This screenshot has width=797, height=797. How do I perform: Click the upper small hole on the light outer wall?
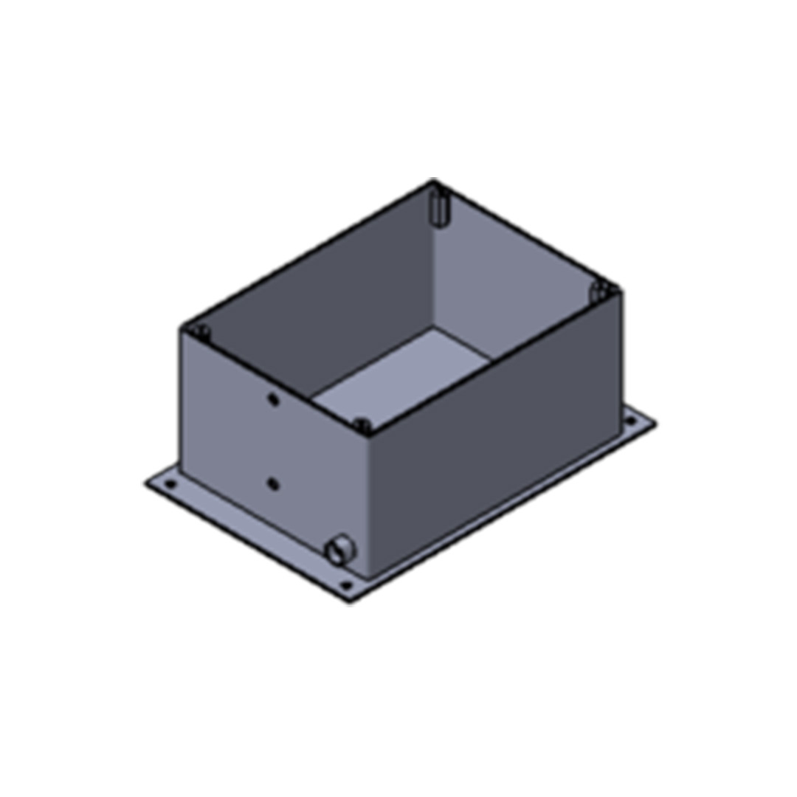pyautogui.click(x=273, y=399)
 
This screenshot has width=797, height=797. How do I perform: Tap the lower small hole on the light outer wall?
pyautogui.click(x=273, y=484)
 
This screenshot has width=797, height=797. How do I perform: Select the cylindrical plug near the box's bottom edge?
pyautogui.click(x=339, y=551)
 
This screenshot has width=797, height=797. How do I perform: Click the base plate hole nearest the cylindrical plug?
pyautogui.click(x=345, y=586)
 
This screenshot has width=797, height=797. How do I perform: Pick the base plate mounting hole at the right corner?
pyautogui.click(x=630, y=421)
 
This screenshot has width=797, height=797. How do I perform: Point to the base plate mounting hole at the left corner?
pyautogui.click(x=170, y=485)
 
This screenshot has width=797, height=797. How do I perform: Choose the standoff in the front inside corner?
pyautogui.click(x=362, y=425)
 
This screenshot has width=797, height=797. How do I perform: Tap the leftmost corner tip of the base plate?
pyautogui.click(x=146, y=483)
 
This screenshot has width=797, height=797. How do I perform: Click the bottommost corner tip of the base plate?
pyautogui.click(x=351, y=602)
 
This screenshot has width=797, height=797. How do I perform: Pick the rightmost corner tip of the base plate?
pyautogui.click(x=655, y=424)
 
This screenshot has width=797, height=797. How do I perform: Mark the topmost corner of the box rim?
pyautogui.click(x=433, y=179)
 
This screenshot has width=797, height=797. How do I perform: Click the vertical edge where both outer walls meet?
pyautogui.click(x=368, y=502)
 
